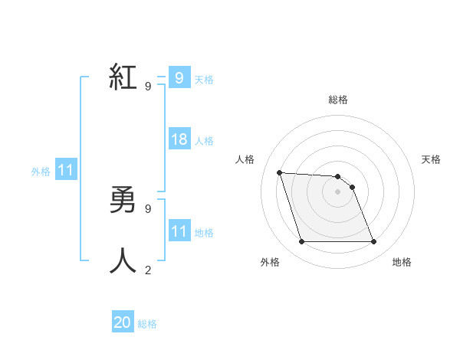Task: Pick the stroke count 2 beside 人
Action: tap(148, 270)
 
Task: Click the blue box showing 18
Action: tap(179, 139)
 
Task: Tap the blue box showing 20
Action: tap(123, 322)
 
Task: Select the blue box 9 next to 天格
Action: tap(179, 77)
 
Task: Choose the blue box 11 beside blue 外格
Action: tap(65, 170)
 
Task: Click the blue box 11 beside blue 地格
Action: tap(179, 231)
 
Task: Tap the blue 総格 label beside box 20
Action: tap(147, 324)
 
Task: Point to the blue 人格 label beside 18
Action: tap(204, 141)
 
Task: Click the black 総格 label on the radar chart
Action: tap(338, 100)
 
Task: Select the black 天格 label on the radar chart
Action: tap(431, 159)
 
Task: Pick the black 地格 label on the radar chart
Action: tap(402, 262)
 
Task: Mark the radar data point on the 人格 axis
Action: tap(279, 172)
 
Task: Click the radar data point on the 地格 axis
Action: tap(374, 242)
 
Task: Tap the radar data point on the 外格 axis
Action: tap(301, 242)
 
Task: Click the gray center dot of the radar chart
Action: tap(337, 191)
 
